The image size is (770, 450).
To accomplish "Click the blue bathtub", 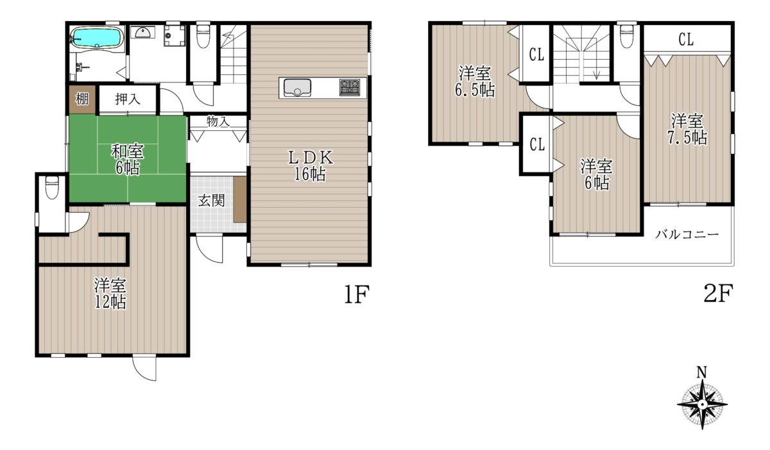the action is tap(97, 37).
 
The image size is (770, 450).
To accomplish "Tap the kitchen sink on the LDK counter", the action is tap(298, 88).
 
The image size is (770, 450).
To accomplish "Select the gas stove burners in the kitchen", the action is tap(350, 87).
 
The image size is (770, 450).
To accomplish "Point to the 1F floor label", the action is tap(357, 294).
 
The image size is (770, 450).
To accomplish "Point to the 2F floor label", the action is tap(718, 293).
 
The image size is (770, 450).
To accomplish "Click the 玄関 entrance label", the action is tap(211, 201).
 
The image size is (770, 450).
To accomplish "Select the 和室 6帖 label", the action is tap(127, 160).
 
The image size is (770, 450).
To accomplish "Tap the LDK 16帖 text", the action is tap(310, 166).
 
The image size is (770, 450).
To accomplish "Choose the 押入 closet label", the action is tap(128, 99).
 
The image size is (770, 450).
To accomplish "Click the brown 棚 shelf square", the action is tap(82, 99).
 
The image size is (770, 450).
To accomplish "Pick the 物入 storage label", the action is tap(218, 121).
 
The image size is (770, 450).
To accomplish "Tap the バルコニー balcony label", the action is tap(687, 235).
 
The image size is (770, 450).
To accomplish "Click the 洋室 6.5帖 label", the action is tap(475, 82).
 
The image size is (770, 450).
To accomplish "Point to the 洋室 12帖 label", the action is tap(110, 294).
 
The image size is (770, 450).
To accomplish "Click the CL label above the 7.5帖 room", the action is tap(686, 40).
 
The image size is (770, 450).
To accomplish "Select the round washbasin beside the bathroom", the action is tap(142, 32).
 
